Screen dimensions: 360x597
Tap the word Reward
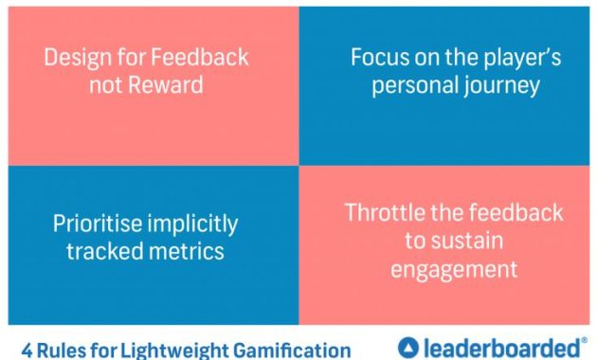pyautogui.click(x=167, y=84)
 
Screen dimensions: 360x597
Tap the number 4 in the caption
pyautogui.click(x=27, y=349)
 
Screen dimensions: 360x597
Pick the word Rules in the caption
pyautogui.click(x=63, y=349)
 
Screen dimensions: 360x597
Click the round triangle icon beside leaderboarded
pyautogui.click(x=408, y=347)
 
